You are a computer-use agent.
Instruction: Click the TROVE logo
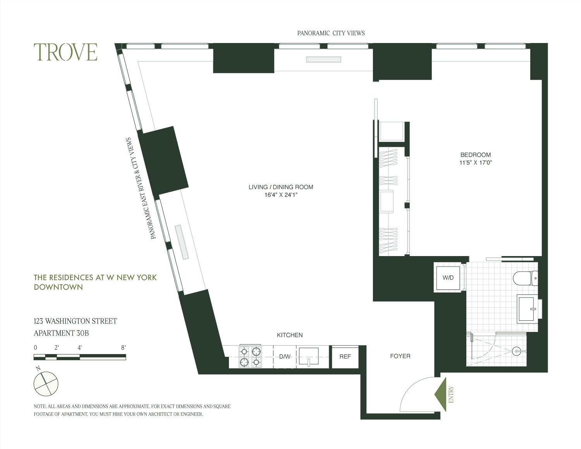(65, 52)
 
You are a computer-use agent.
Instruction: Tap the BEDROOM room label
(475, 155)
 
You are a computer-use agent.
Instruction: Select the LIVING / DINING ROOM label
(281, 187)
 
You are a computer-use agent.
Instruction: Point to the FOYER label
(400, 356)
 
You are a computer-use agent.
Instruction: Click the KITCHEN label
(290, 335)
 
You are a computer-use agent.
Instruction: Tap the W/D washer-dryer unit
(448, 278)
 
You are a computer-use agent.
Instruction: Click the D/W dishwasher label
(285, 356)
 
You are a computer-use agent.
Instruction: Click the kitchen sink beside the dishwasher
(309, 356)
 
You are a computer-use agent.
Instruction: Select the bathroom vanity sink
(528, 308)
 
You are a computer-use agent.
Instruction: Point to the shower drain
(516, 351)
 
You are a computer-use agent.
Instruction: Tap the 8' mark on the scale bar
(124, 348)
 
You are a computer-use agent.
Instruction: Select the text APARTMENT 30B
(62, 333)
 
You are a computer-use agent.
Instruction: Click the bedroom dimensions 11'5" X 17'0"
(475, 163)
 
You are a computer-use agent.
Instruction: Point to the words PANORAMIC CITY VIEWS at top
(331, 33)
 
